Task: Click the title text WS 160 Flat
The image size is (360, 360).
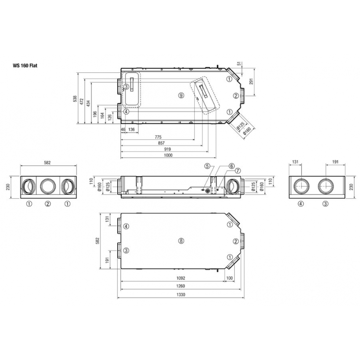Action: pos(26,66)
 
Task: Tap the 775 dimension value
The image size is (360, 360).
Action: pos(158,137)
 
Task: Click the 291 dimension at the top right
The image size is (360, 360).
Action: pos(251,82)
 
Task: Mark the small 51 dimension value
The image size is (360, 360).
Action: pos(239,64)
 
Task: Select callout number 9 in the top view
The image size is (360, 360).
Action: pos(181,95)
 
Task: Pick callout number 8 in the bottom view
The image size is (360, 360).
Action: pos(181,241)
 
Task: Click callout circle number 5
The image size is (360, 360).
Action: pos(207,166)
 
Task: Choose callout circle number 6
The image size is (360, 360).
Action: pos(232,166)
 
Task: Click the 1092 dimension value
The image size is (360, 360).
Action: pos(181,278)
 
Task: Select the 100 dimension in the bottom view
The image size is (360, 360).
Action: pos(229,278)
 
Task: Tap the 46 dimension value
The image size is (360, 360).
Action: pos(123,129)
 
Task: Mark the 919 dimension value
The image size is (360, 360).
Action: pos(167,149)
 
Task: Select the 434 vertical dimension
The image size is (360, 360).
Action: pos(89,103)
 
